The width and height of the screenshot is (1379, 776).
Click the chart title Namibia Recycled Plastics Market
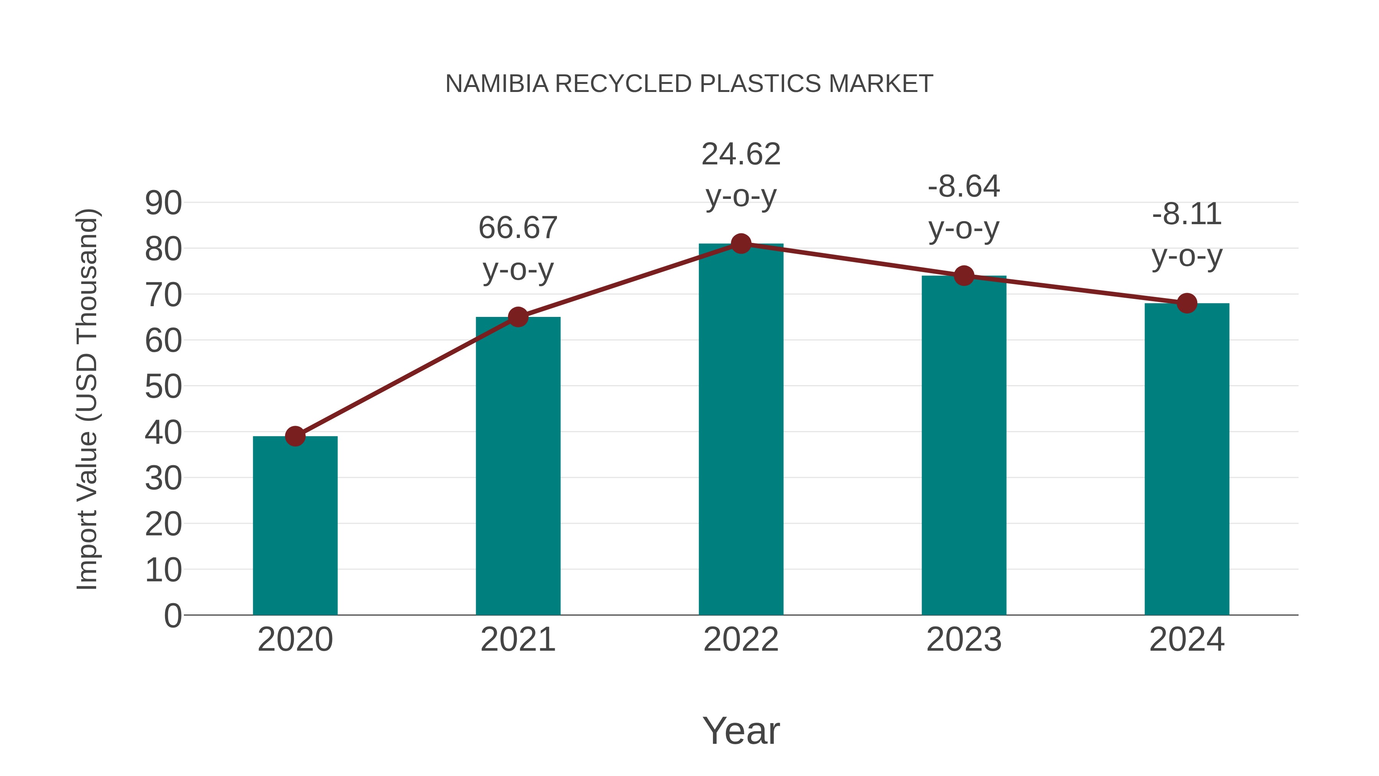[x=689, y=84]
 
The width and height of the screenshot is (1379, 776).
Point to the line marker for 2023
[x=964, y=276]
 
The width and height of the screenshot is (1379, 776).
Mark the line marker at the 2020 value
[x=295, y=436]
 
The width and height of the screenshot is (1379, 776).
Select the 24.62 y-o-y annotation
[x=741, y=175]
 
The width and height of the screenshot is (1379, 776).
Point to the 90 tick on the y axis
[x=163, y=203]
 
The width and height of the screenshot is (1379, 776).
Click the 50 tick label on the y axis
[x=163, y=387]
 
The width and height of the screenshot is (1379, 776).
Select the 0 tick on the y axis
[x=173, y=615]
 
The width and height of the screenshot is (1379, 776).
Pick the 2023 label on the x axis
[x=964, y=640]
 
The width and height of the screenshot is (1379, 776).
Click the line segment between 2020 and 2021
[x=407, y=376]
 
